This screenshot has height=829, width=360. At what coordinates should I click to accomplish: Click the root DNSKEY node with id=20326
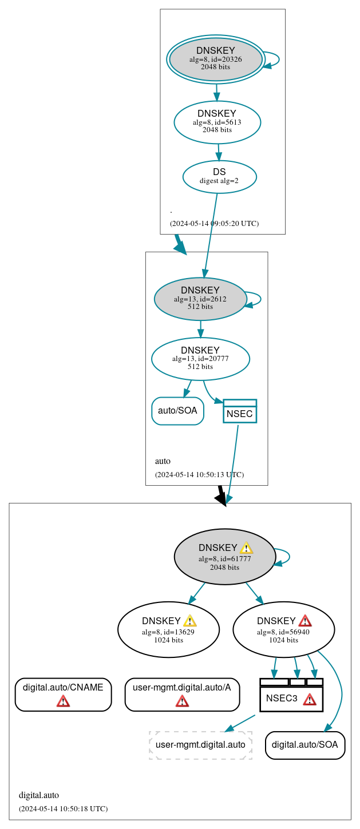[x=216, y=59]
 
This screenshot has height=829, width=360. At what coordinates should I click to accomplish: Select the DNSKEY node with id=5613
[x=217, y=122]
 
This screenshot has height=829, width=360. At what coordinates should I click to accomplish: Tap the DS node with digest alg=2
[x=219, y=176]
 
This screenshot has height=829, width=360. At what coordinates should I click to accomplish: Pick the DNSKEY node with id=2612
[x=200, y=299]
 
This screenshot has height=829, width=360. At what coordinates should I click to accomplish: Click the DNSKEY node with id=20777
[x=200, y=359]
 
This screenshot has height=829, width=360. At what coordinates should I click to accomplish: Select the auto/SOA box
[x=177, y=411]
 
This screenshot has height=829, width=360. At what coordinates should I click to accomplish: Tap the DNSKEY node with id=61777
[x=224, y=557]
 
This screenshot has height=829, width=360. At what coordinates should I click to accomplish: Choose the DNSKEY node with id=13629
[x=168, y=629]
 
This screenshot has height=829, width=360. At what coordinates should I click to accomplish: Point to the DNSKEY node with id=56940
[x=283, y=629]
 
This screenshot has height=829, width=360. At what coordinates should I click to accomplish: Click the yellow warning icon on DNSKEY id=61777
[x=246, y=548]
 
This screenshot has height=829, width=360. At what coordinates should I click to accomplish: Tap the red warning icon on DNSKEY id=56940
[x=305, y=621]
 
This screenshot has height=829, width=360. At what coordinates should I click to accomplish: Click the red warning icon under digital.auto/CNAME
[x=63, y=701]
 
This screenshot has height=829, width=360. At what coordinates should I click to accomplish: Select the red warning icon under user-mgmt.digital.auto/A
[x=182, y=701]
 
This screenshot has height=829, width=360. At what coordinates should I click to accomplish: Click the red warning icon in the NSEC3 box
[x=310, y=699]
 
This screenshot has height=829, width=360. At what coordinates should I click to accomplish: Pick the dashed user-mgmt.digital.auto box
[x=200, y=745]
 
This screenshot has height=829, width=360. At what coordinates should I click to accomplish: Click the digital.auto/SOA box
[x=305, y=745]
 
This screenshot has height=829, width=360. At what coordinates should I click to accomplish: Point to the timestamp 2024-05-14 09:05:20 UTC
[x=215, y=223]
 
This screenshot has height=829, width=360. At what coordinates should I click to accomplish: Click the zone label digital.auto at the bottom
[x=39, y=795]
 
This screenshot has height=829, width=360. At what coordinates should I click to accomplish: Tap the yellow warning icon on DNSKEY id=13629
[x=190, y=621]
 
